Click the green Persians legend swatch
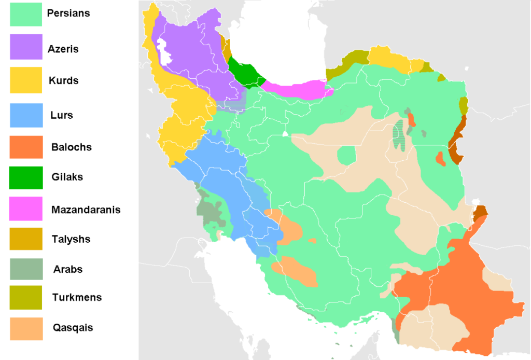click(26, 14)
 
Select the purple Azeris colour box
click(26, 47)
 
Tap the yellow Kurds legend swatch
click(26, 80)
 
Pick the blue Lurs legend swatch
click(26, 115)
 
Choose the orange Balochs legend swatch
click(26, 146)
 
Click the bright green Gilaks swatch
click(26, 177)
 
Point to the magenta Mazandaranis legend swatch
click(26, 209)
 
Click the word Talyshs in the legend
click(71, 239)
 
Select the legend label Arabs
click(67, 269)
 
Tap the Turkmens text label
click(77, 298)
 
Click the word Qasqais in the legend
click(73, 328)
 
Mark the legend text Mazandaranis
click(86, 210)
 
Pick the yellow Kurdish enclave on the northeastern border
click(389, 58)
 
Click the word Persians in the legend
click(68, 13)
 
